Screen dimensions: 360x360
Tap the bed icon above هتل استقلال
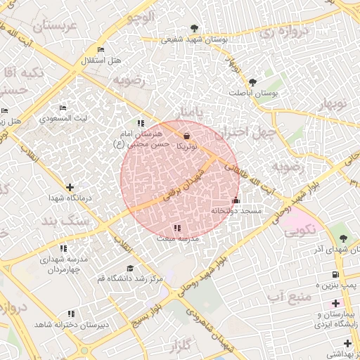(x=101, y=49)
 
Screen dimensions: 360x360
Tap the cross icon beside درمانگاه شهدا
(x=70, y=187)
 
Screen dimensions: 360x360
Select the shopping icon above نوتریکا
(x=186, y=136)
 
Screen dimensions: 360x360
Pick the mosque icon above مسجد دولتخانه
(x=236, y=200)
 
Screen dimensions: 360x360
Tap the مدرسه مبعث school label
(x=178, y=239)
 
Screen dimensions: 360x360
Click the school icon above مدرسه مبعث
(x=177, y=228)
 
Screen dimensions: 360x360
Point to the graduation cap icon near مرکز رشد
(x=129, y=269)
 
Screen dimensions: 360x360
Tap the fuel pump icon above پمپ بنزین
(x=335, y=274)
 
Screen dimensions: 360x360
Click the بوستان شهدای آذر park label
(x=337, y=250)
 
